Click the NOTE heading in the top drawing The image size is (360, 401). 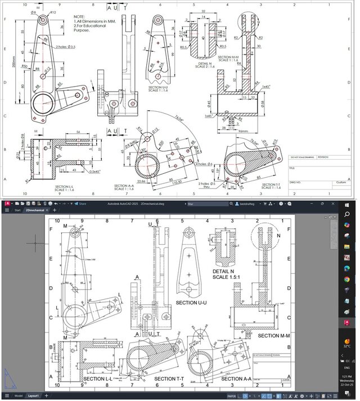click(x=79, y=16)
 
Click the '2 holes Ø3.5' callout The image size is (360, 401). click(x=66, y=47)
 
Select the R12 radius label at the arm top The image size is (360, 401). click(x=52, y=12)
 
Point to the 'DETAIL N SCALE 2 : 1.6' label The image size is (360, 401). click(x=205, y=65)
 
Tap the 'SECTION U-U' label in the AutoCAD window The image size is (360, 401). click(x=194, y=303)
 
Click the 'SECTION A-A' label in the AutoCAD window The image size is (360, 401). click(x=236, y=379)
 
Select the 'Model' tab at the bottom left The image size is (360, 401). click(x=19, y=397)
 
